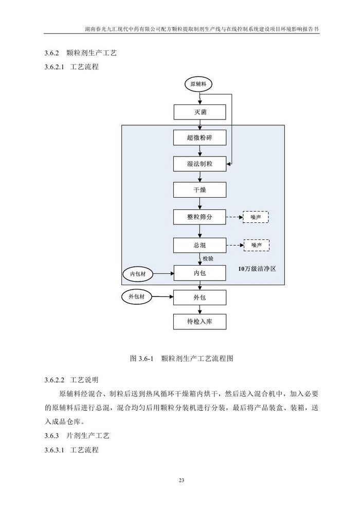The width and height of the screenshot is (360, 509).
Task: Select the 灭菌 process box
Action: click(x=200, y=112)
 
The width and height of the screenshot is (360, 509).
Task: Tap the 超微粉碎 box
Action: click(x=200, y=137)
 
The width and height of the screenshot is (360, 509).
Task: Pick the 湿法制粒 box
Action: click(x=200, y=164)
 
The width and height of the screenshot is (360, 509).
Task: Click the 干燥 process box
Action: click(x=200, y=190)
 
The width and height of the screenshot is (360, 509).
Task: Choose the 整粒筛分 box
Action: click(x=200, y=217)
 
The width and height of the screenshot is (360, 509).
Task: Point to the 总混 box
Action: click(x=200, y=245)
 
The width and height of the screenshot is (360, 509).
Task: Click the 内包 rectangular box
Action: click(x=200, y=273)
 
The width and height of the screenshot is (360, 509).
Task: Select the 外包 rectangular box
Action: click(x=200, y=297)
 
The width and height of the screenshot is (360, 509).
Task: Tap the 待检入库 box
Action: click(x=200, y=322)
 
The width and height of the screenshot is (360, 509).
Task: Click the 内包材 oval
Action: click(x=137, y=274)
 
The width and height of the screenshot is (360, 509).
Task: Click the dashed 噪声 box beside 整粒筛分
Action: click(x=256, y=217)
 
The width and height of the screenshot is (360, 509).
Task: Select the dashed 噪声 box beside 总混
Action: click(x=257, y=245)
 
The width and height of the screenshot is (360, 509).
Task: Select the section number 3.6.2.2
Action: click(x=55, y=380)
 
